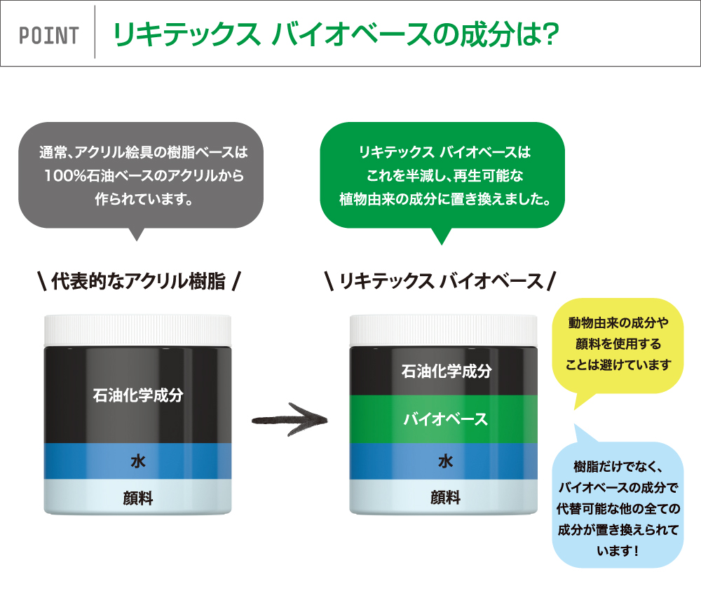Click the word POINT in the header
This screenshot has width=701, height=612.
pyautogui.click(x=49, y=35)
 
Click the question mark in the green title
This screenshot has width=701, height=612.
pyautogui.click(x=548, y=34)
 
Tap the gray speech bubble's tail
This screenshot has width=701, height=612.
pyautogui.click(x=137, y=234)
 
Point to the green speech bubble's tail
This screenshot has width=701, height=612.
pyautogui.click(x=442, y=236)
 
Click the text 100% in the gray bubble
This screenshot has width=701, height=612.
pyautogui.click(x=64, y=176)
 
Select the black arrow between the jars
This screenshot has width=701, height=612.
pyautogui.click(x=290, y=420)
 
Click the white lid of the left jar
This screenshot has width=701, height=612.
pyautogui.click(x=137, y=330)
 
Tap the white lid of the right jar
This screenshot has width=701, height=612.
pyautogui.click(x=444, y=330)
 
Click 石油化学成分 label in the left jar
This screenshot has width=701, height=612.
pyautogui.click(x=138, y=395)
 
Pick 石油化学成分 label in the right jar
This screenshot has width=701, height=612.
pyautogui.click(x=446, y=371)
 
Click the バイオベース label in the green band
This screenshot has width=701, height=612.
pyautogui.click(x=445, y=419)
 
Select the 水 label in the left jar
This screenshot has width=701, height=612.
pyautogui.click(x=137, y=461)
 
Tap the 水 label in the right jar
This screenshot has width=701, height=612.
pyautogui.click(x=445, y=461)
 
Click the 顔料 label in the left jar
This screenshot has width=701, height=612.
pyautogui.click(x=137, y=498)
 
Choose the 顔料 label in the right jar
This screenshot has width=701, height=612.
pyautogui.click(x=445, y=497)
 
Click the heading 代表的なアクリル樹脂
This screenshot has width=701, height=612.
pyautogui.click(x=139, y=281)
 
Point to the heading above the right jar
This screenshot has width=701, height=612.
pyautogui.click(x=441, y=281)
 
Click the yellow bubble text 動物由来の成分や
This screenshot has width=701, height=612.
pyautogui.click(x=618, y=322)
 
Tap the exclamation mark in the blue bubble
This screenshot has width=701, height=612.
pyautogui.click(x=636, y=551)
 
